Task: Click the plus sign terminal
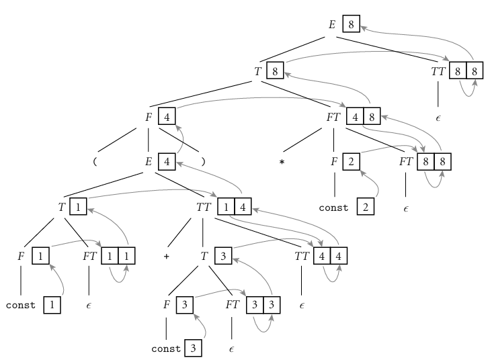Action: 165,257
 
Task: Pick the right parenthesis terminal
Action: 202,162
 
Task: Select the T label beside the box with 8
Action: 256,69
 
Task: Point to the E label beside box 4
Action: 149,162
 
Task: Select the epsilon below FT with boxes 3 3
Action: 231,350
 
